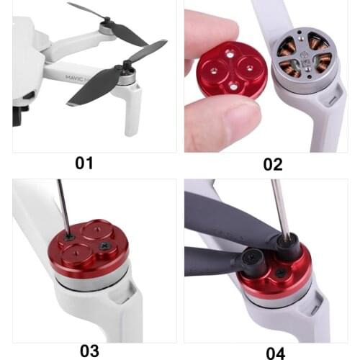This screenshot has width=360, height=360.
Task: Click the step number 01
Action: coord(84,163)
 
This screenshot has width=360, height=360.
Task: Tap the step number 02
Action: coord(272,163)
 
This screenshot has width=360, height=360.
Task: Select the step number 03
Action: coord(89,351)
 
